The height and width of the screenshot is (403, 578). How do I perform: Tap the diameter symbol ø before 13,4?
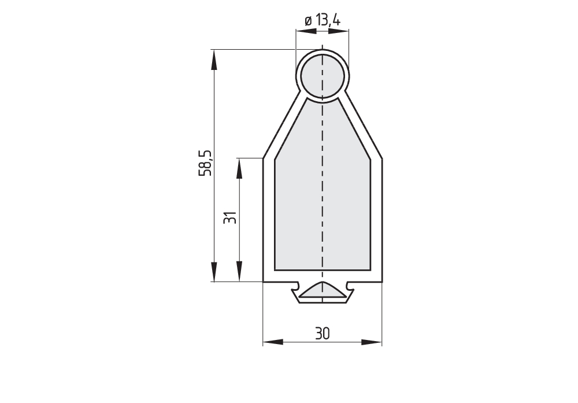pyautogui.click(x=308, y=21)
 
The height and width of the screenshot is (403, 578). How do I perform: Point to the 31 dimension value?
pyautogui.click(x=230, y=218)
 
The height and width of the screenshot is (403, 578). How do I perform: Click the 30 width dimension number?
pyautogui.click(x=322, y=333)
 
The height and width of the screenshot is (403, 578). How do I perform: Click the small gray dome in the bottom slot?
pyautogui.click(x=322, y=290)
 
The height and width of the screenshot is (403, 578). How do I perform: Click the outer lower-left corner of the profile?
pyautogui.click(x=264, y=282)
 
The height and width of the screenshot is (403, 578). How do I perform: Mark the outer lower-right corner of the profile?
pyautogui.click(x=381, y=282)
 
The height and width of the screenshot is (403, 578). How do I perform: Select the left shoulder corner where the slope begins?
pyautogui.click(x=264, y=157)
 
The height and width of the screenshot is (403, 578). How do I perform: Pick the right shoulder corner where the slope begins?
pyautogui.click(x=381, y=157)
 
